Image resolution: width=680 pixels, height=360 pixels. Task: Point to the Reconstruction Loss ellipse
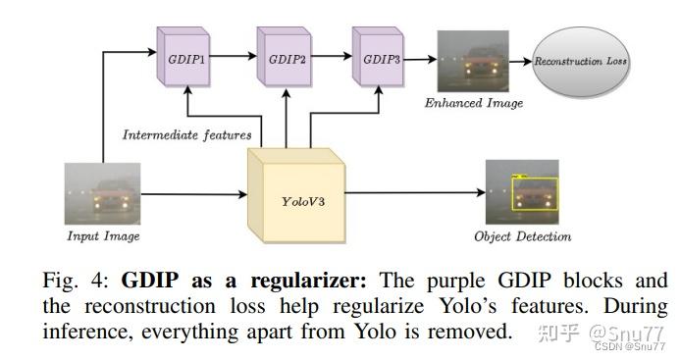(x=581, y=62)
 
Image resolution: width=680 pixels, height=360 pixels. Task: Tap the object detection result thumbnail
(x=521, y=192)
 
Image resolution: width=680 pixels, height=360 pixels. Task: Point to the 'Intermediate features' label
(x=186, y=134)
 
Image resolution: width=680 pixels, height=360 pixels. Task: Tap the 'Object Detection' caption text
(x=522, y=236)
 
